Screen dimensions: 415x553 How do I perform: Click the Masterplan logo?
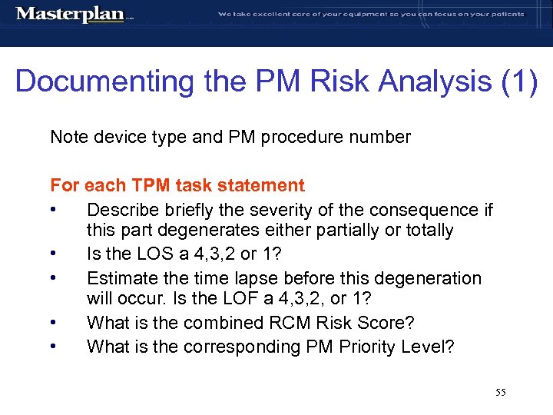click(70, 15)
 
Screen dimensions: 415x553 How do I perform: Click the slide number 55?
click(501, 393)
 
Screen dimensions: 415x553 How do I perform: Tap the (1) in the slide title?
click(516, 81)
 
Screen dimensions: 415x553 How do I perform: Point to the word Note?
click(68, 138)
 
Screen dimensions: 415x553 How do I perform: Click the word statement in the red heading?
click(264, 185)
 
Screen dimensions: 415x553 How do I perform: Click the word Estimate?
click(121, 278)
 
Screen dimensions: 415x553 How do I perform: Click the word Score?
click(363, 324)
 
